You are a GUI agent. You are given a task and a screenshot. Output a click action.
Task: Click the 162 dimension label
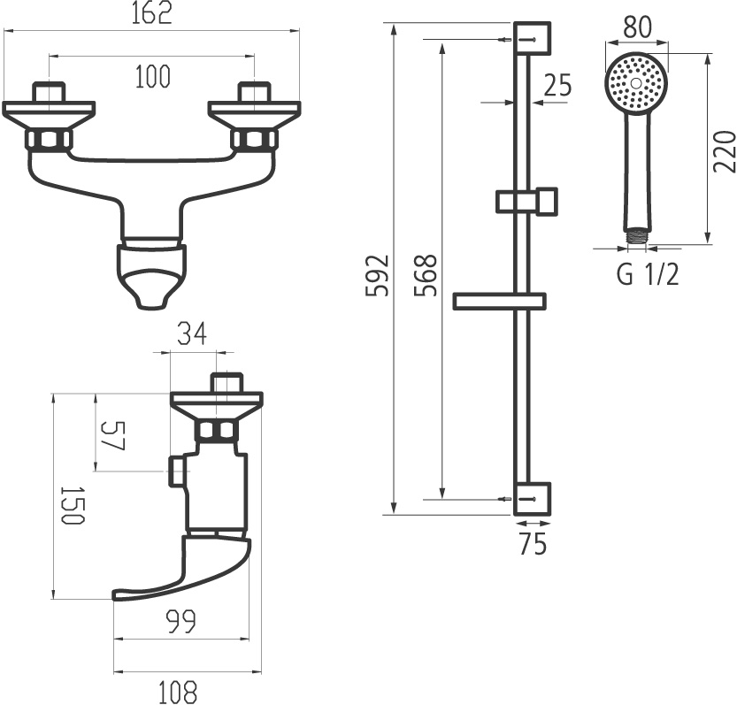pos(152,14)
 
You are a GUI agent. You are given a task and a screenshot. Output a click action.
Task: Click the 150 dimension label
pos(72,505)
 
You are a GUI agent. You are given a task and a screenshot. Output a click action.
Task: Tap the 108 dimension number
pos(179,690)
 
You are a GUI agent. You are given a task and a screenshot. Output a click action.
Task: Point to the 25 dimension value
pos(557,86)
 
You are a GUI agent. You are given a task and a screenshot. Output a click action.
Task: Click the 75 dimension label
pos(533,545)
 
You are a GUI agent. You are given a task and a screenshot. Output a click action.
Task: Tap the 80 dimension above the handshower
pos(636,27)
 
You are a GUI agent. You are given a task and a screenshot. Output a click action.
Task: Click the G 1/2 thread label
pos(648,275)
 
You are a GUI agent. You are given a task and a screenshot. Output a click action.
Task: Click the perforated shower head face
pos(635,83)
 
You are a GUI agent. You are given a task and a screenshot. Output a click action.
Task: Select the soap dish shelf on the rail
pos(498,302)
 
